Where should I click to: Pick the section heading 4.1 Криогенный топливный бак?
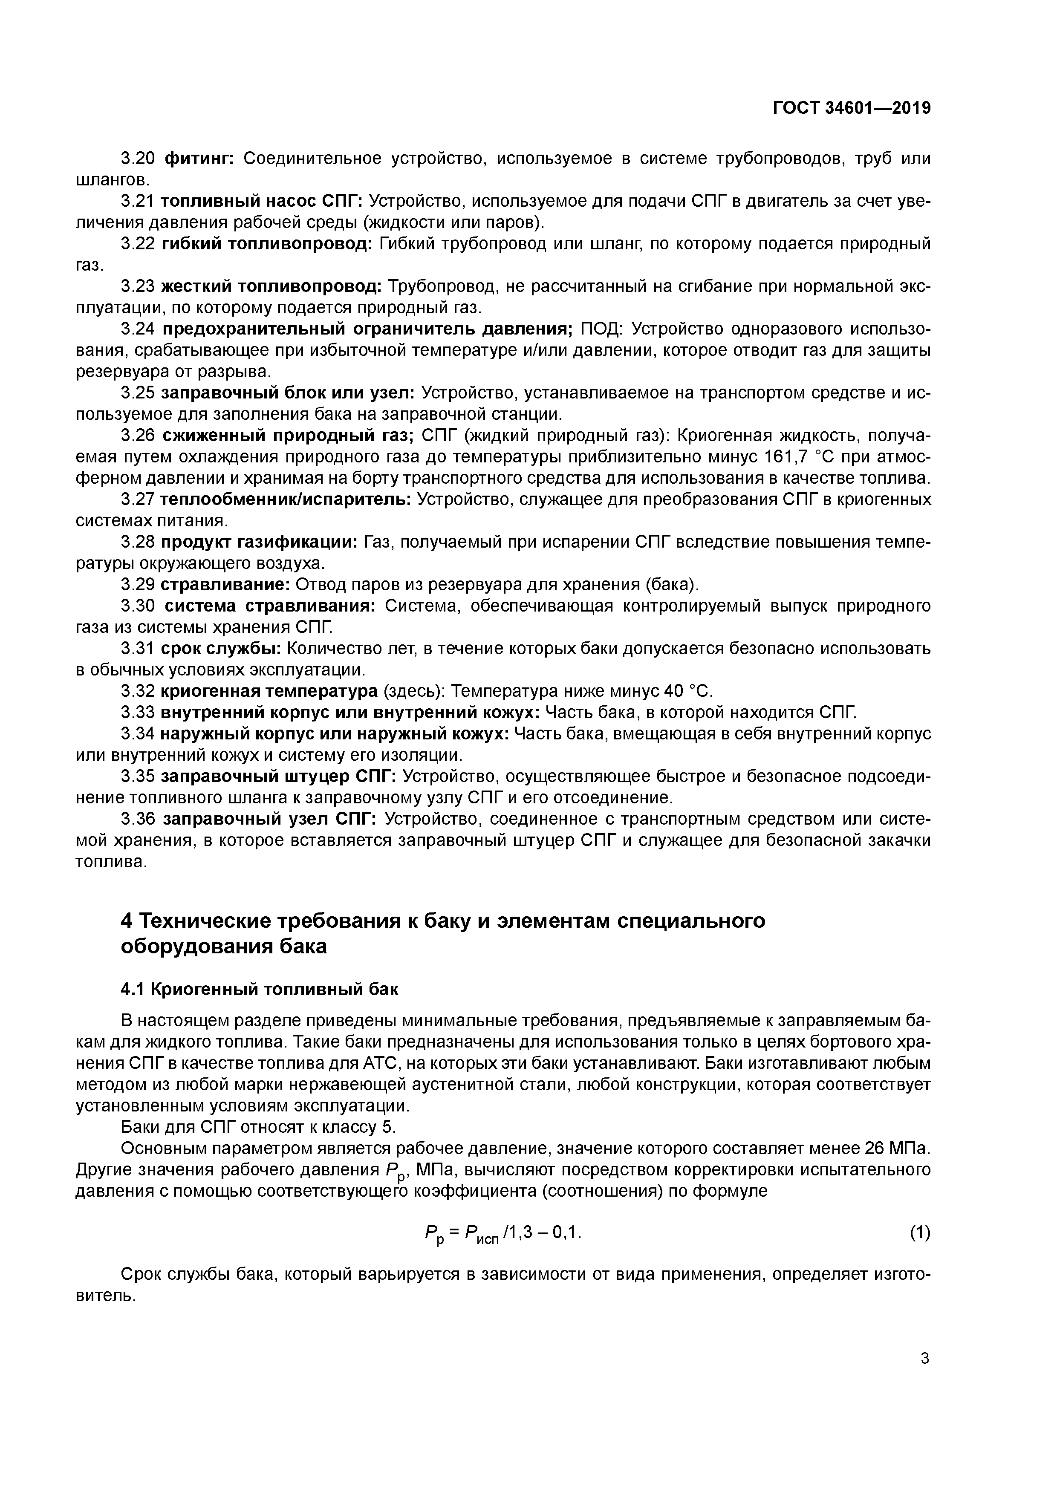pos(259,990)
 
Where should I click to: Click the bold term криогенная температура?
pos(269,691)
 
